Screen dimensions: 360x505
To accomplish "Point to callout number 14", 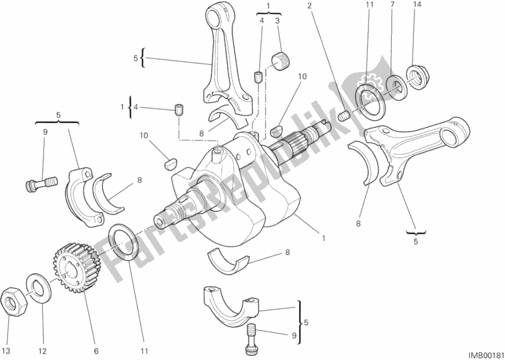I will tap(416, 6).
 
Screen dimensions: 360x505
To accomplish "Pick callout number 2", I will tap(310, 6).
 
